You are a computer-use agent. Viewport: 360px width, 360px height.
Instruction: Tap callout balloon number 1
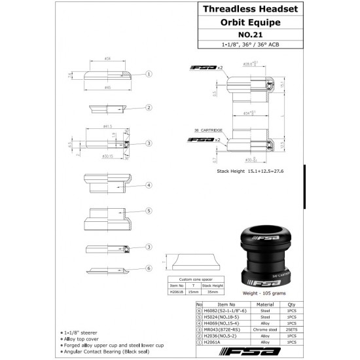[x=149, y=74]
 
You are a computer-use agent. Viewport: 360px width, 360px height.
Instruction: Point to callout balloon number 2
[x=149, y=107]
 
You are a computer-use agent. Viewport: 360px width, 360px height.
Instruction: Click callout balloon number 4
[x=149, y=185]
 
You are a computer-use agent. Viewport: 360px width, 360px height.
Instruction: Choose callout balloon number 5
[x=149, y=211]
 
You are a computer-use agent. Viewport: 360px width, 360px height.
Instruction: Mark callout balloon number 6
[x=149, y=268]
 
